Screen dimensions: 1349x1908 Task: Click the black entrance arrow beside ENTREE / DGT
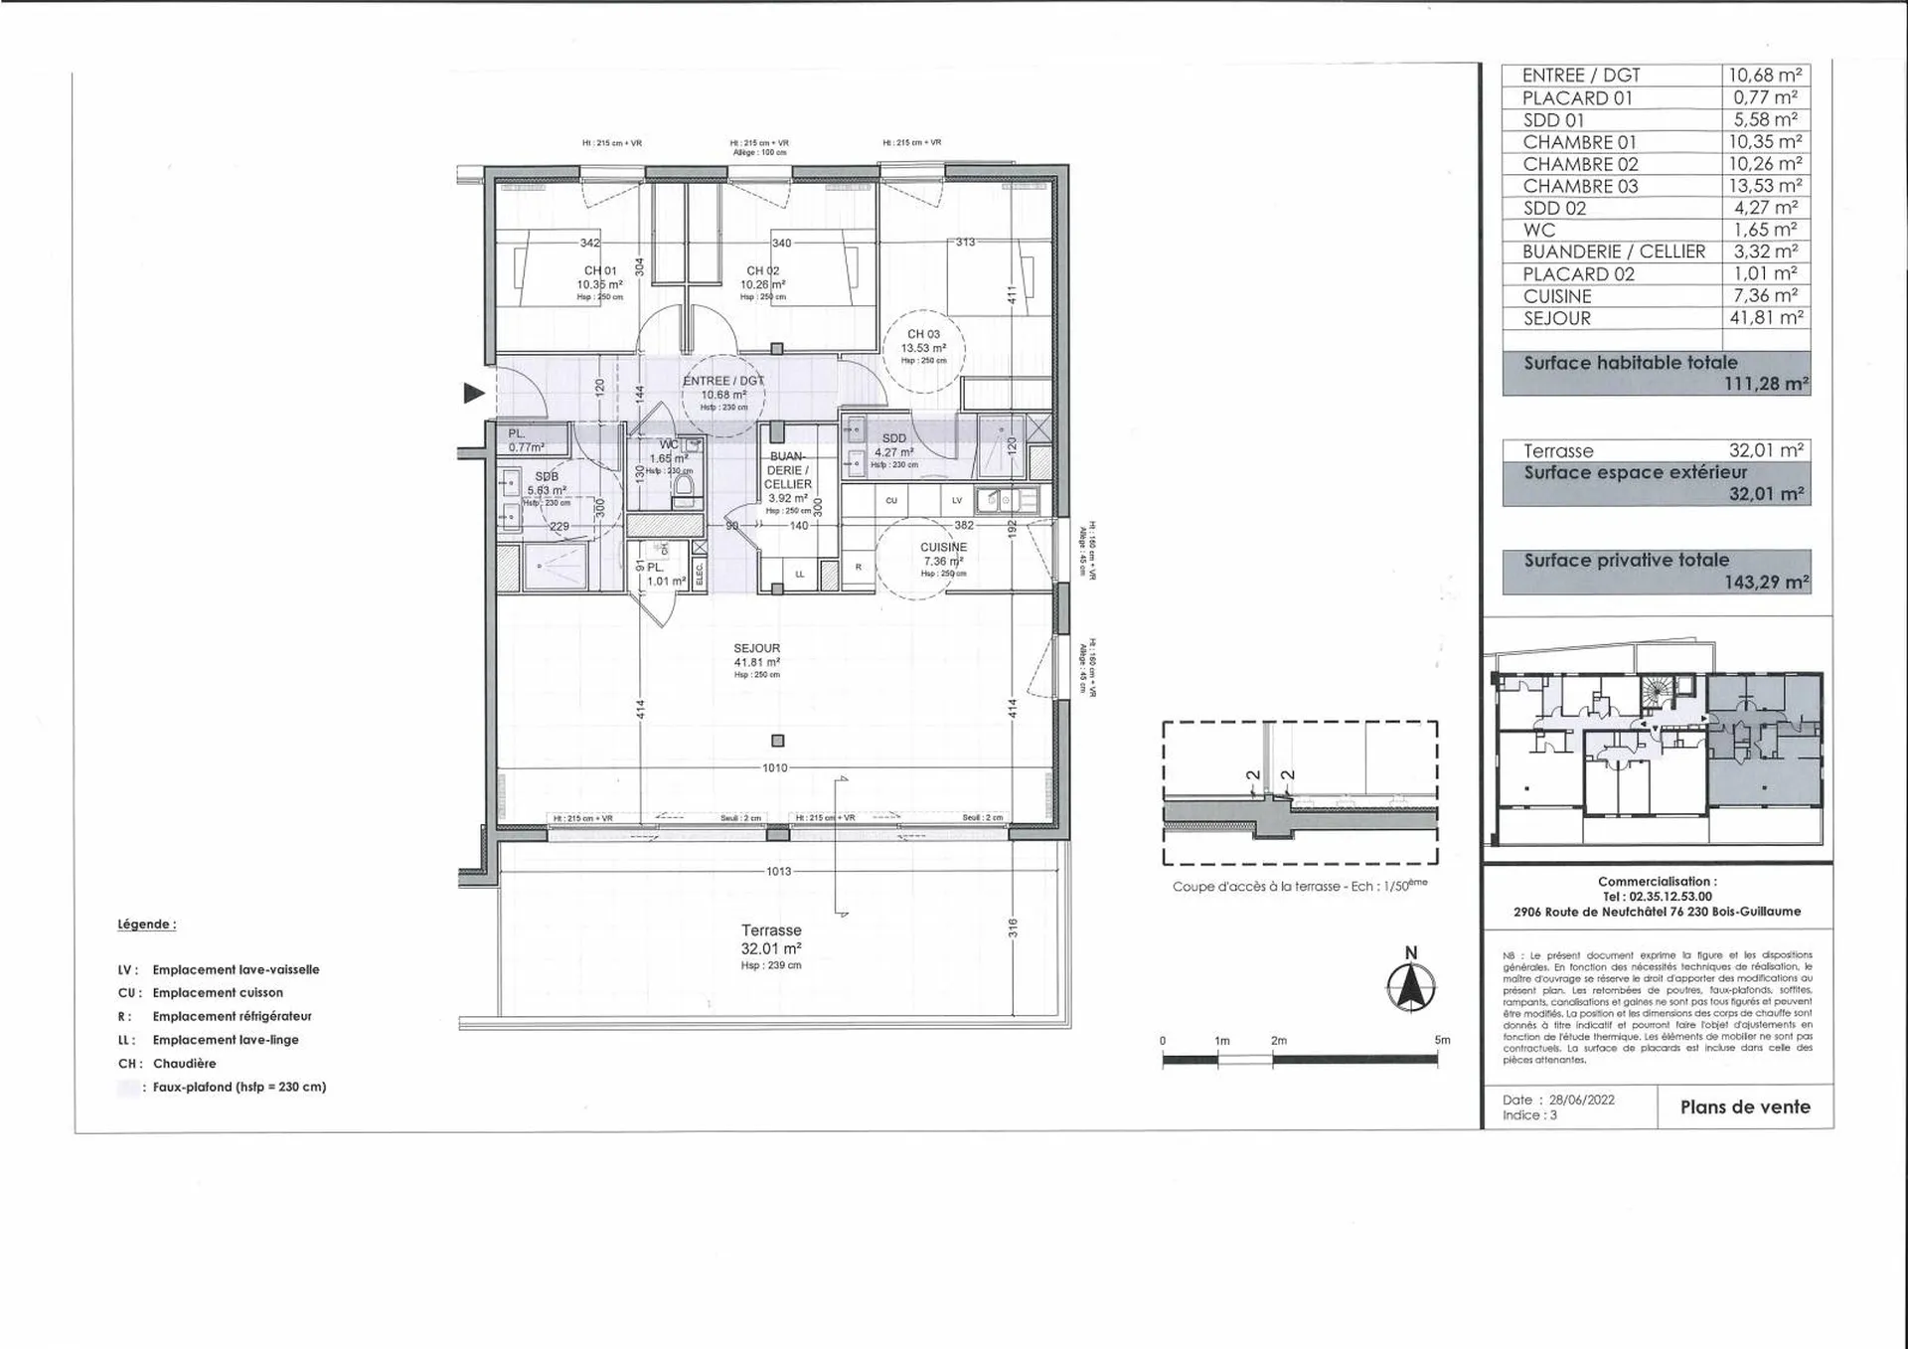[474, 394]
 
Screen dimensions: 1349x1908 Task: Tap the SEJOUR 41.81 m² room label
[757, 656]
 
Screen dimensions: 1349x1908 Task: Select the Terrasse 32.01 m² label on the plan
[771, 939]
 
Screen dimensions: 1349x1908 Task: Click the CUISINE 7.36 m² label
[943, 555]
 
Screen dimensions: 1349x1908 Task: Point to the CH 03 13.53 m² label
[923, 342]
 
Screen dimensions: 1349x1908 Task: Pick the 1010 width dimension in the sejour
[775, 768]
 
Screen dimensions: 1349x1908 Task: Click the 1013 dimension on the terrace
[778, 872]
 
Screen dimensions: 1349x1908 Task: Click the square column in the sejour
[778, 741]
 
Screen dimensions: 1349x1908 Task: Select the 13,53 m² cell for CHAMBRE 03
[1765, 186]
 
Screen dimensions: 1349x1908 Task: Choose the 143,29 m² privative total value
[1766, 583]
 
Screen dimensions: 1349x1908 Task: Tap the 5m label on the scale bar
[1442, 1040]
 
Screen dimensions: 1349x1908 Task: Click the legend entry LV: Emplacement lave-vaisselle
[219, 969]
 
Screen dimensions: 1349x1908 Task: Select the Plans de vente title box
[1745, 1106]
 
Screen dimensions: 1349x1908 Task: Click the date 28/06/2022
[1582, 1099]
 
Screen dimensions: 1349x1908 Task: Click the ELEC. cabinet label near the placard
[699, 574]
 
